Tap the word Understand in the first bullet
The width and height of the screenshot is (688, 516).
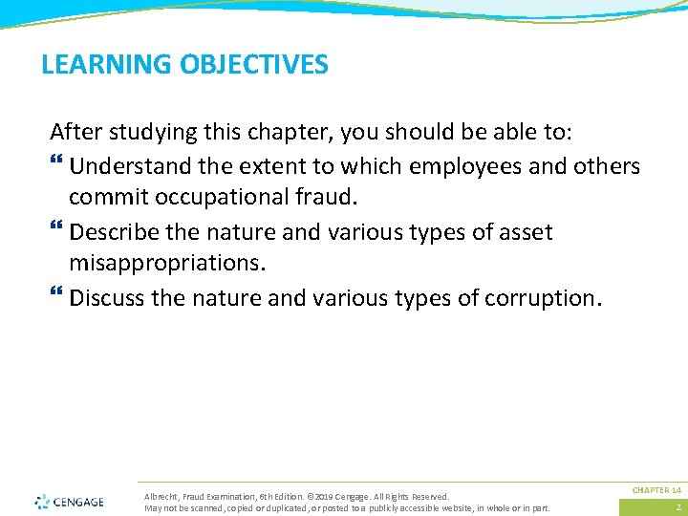131,166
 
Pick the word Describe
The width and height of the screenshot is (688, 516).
114,232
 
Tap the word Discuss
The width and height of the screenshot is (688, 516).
107,298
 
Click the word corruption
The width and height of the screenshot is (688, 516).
543,298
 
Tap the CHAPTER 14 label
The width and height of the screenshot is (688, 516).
656,489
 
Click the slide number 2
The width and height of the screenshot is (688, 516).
677,507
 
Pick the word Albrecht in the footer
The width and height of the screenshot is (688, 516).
161,497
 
